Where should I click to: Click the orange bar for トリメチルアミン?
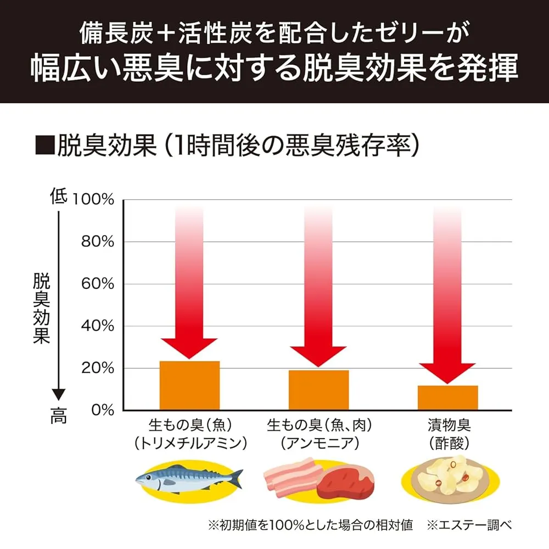pos(189,385)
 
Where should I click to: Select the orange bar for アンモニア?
pos(319,390)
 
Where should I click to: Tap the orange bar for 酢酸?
pos(448,397)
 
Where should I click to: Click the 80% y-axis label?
pos(97,242)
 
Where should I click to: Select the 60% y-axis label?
pos(97,284)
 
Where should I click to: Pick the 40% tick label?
pos(97,327)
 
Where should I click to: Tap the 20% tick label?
pos(97,368)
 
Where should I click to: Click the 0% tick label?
pos(102,410)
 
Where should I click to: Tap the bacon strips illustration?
pos(291,475)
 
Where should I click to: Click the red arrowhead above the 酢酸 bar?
pos(448,372)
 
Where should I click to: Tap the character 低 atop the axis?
pos(59,196)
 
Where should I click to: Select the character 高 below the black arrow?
pos(59,417)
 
